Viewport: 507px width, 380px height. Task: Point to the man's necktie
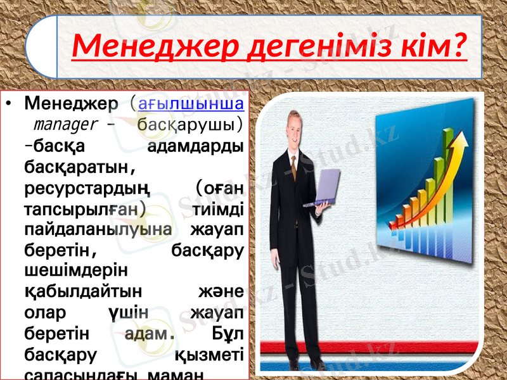pos(293,165)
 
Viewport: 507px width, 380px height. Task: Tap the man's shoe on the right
pos(317,365)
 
